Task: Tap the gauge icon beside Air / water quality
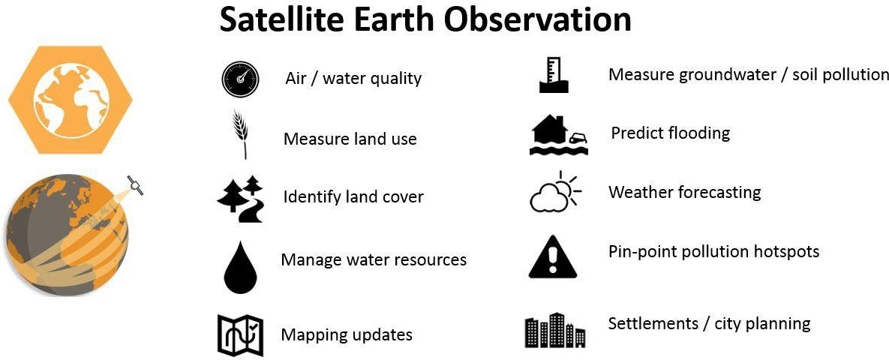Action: click(x=240, y=79)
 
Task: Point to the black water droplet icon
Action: click(x=240, y=267)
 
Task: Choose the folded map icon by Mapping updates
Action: click(x=240, y=335)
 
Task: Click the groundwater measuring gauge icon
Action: click(x=553, y=74)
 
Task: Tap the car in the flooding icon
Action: click(x=577, y=138)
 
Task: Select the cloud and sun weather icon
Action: click(x=554, y=191)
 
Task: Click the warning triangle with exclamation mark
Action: click(x=552, y=257)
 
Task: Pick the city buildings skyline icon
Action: click(x=554, y=330)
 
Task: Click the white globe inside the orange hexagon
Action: click(x=71, y=100)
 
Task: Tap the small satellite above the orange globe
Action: click(x=135, y=185)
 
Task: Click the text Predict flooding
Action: click(x=670, y=133)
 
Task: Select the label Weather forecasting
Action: click(x=684, y=192)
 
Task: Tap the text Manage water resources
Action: click(x=374, y=259)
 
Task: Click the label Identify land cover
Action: click(x=353, y=196)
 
